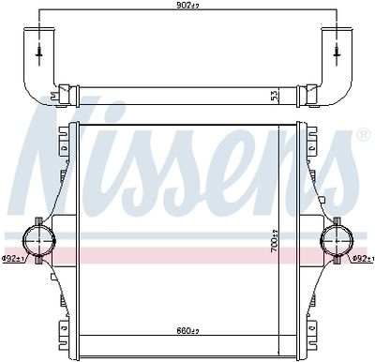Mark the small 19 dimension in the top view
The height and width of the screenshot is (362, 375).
tap(55, 93)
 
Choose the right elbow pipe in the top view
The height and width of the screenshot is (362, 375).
tap(337, 66)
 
